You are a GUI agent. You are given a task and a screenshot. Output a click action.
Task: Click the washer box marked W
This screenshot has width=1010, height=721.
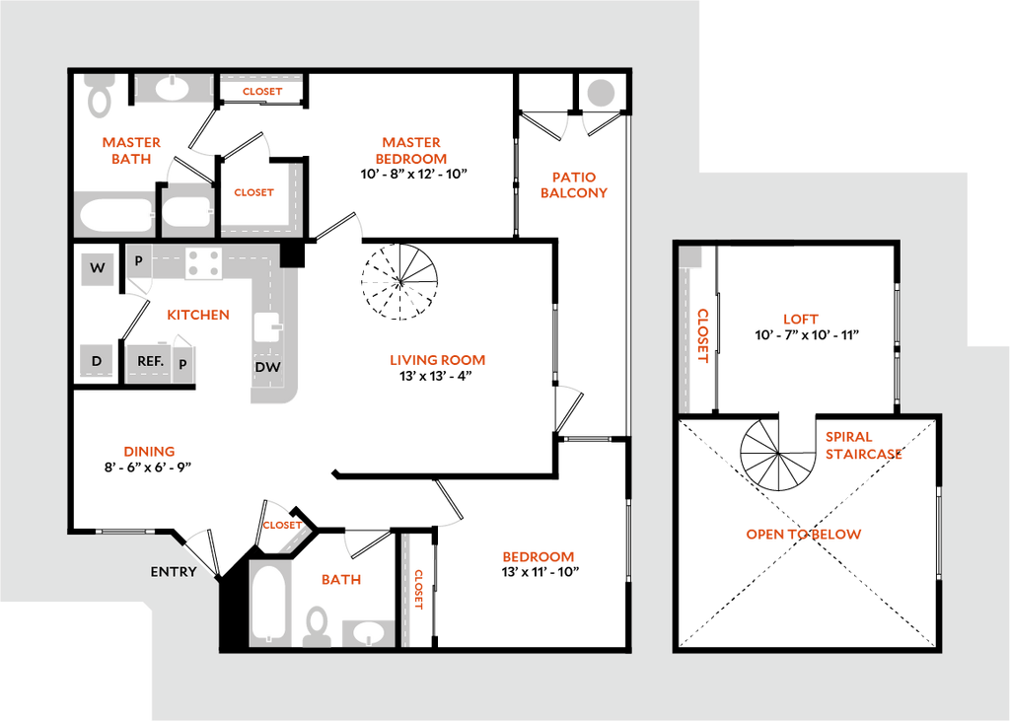(x=97, y=268)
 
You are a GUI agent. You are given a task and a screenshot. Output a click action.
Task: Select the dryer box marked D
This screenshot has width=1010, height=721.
(x=97, y=361)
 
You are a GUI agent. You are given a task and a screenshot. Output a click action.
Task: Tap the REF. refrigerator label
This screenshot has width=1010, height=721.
(x=149, y=362)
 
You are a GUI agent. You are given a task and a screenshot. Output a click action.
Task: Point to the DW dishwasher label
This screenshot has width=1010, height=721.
(x=267, y=368)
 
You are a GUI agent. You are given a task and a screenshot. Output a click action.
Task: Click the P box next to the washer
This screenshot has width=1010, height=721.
(x=138, y=261)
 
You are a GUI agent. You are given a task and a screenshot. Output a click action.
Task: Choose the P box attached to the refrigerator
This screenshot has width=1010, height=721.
(x=183, y=364)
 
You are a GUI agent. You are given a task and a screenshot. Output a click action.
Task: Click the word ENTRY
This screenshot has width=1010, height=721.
(x=174, y=572)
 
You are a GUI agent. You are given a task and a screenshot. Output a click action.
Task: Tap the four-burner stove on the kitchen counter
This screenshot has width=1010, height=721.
(x=204, y=262)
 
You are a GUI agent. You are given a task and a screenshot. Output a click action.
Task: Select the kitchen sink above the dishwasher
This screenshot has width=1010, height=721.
(x=267, y=326)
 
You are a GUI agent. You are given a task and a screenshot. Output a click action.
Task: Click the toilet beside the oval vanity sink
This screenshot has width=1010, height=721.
(x=98, y=95)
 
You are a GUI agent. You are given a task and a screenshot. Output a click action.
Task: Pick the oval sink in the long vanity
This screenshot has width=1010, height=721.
(x=173, y=89)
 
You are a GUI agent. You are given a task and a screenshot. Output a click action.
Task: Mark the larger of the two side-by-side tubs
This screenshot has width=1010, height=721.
(x=114, y=214)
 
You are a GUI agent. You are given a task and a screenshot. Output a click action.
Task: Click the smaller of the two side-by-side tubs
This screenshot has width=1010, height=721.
(x=186, y=212)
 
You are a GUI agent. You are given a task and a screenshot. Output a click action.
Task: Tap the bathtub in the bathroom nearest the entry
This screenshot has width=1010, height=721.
(x=268, y=603)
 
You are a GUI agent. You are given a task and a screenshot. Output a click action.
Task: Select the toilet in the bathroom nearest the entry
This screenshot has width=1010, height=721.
(x=317, y=625)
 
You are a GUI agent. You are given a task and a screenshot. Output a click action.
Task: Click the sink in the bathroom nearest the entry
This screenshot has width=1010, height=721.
(x=368, y=632)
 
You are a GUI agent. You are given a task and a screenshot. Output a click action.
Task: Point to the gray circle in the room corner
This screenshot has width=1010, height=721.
(x=600, y=93)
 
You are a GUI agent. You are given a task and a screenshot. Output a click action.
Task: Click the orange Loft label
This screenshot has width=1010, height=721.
(x=800, y=320)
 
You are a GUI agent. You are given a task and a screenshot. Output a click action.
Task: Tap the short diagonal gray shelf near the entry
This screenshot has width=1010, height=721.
(x=293, y=539)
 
